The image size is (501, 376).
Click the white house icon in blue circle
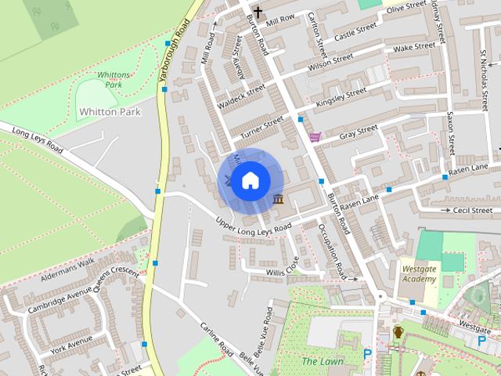coord(249,180)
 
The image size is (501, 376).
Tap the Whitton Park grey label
coord(110,112)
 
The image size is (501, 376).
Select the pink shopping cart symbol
coord(315,136)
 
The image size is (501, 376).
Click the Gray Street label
coord(359,132)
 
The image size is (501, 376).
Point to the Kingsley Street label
coord(341,98)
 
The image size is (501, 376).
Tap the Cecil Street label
coord(471,210)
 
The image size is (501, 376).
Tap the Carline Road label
coord(216,339)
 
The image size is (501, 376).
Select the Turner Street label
coord(262,128)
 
